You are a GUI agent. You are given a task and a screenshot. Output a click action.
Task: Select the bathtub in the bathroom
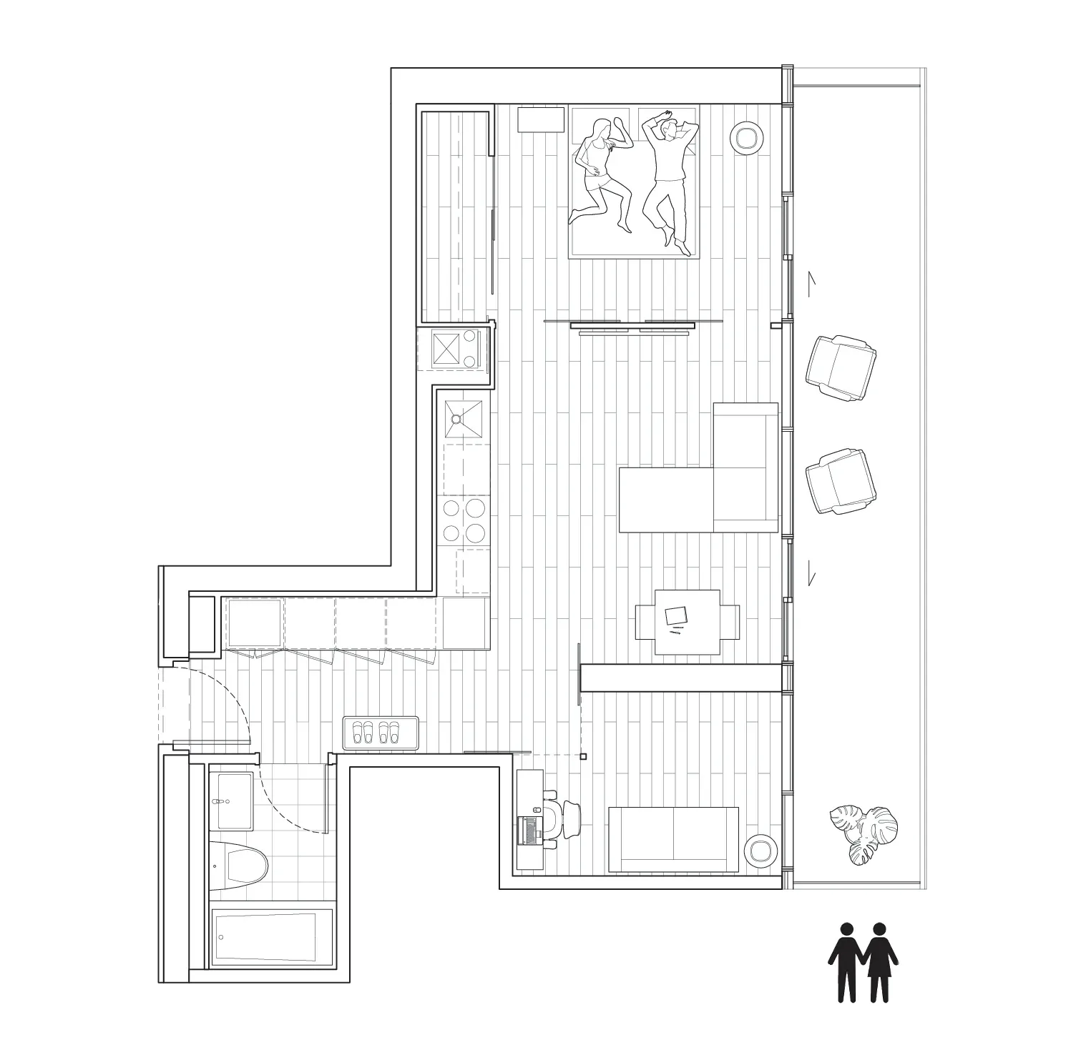[x=272, y=938]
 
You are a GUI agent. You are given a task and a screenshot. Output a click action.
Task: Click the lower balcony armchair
[x=841, y=480]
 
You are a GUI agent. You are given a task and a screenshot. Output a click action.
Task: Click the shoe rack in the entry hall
[x=380, y=733]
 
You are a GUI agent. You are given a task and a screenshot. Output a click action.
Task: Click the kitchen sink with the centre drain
[x=464, y=419]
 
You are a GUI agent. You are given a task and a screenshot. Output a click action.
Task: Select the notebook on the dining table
[x=675, y=615]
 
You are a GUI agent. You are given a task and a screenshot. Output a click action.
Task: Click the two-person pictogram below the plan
[x=863, y=961]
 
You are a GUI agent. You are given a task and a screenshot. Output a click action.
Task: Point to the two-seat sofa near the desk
[x=672, y=840]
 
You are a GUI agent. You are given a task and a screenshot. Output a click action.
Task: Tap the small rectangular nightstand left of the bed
[x=541, y=119]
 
